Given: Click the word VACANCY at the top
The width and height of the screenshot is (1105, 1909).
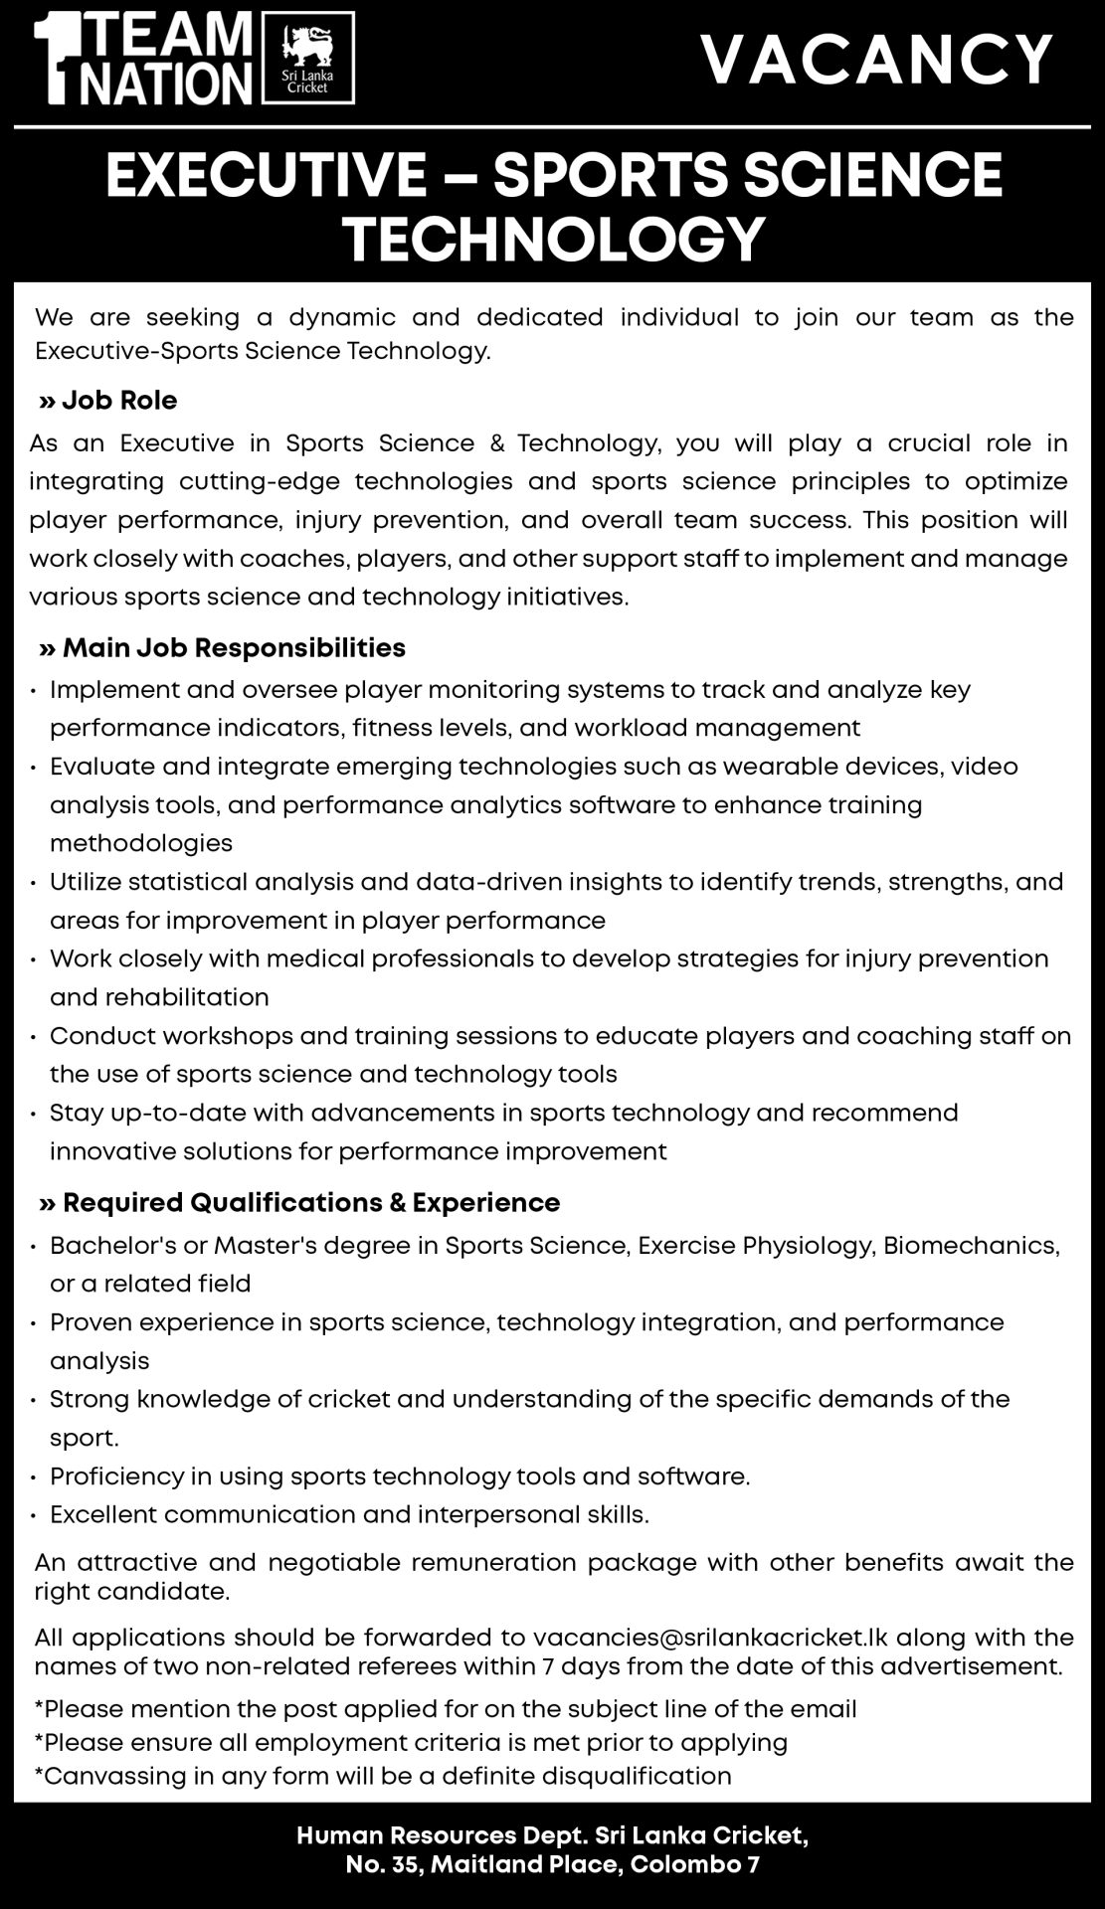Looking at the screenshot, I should click(x=876, y=60).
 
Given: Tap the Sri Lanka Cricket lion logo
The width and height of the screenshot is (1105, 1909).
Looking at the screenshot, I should click(x=306, y=50).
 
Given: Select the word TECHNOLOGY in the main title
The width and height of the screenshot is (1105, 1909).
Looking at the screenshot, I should click(x=554, y=239).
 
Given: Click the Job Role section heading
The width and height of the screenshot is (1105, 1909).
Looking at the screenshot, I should click(x=118, y=401).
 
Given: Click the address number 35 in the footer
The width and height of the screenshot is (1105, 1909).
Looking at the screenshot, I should click(x=407, y=1865).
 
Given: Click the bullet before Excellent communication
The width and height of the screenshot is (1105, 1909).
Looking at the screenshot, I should click(x=35, y=1516).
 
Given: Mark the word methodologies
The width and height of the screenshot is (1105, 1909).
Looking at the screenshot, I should click(x=141, y=843).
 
